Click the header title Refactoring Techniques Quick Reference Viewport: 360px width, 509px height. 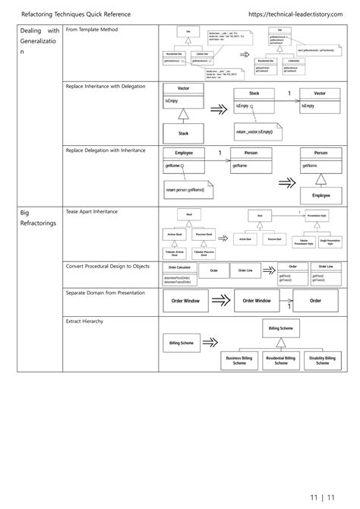point(76,14)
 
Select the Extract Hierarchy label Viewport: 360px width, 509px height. point(85,321)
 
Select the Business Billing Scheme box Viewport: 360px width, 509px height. point(240,360)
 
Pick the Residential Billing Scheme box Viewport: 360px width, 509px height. point(281,360)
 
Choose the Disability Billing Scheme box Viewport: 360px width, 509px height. point(322,360)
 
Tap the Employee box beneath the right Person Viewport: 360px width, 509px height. point(321,194)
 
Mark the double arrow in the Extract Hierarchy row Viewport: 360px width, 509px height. point(209,343)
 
